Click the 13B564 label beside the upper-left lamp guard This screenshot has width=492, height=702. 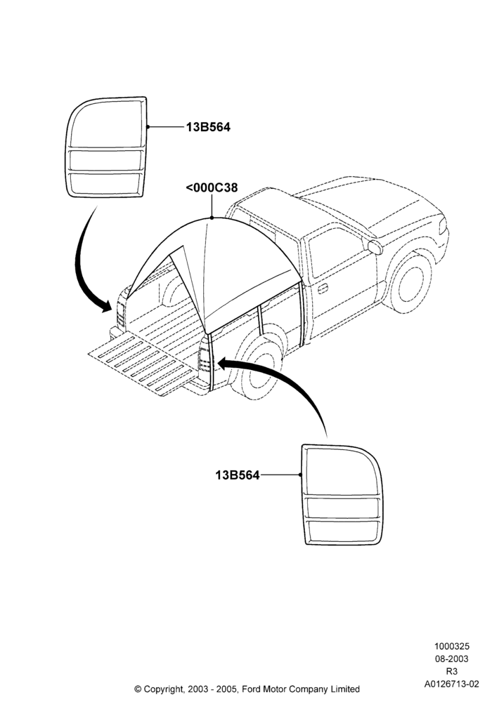[x=208, y=127]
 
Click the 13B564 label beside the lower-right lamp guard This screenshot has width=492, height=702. [x=237, y=475]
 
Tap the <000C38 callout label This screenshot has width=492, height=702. [x=212, y=187]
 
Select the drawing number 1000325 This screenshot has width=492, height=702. [x=451, y=646]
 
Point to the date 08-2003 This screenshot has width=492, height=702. [x=452, y=658]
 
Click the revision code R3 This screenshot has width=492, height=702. [x=451, y=671]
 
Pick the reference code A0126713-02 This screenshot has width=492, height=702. [x=452, y=684]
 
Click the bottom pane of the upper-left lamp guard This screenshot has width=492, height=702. [x=105, y=183]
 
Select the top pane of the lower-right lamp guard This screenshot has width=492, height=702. [x=342, y=472]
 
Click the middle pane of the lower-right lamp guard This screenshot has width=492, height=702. [x=343, y=508]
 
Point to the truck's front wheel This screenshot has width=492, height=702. [x=410, y=282]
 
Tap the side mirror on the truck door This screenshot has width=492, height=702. [x=375, y=246]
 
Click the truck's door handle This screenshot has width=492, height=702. [x=323, y=289]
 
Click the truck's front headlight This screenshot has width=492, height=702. [x=443, y=225]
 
